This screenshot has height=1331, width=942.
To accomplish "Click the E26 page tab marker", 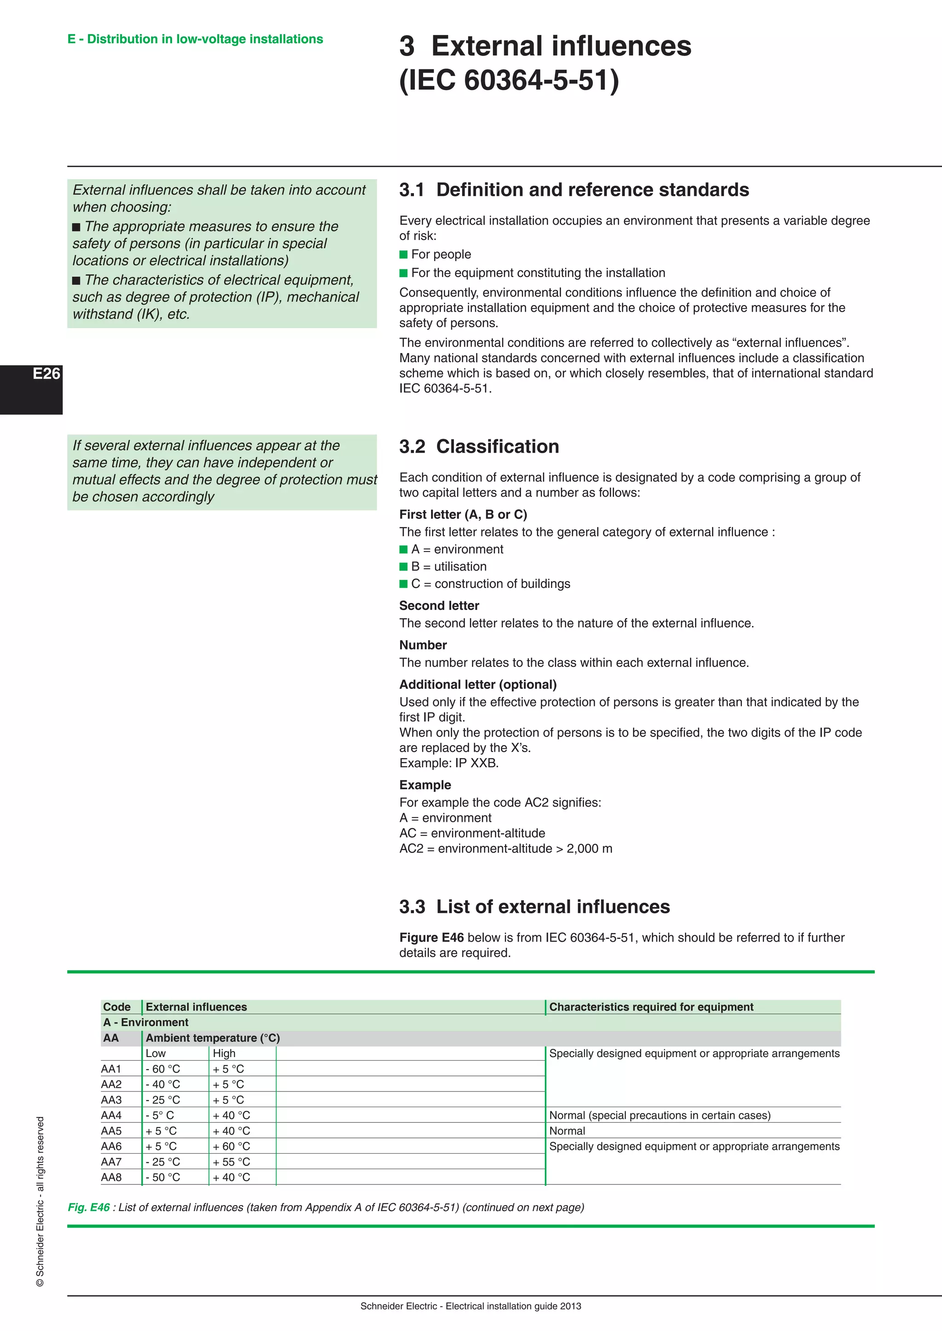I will tap(46, 374).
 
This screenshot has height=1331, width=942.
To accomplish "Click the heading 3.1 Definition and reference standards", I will tap(574, 190).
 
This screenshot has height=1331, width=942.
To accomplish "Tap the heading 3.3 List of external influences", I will tap(534, 907).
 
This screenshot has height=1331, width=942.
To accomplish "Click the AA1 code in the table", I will tap(111, 1069).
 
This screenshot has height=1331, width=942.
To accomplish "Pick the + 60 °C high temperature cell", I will tap(231, 1147).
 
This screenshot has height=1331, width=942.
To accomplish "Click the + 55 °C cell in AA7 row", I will tap(231, 1162).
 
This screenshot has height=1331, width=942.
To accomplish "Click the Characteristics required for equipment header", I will tap(651, 1007).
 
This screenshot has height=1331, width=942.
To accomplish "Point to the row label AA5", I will tap(111, 1131).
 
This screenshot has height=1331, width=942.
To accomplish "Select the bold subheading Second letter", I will tap(439, 606).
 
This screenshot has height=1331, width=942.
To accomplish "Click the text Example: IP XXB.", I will tap(449, 763).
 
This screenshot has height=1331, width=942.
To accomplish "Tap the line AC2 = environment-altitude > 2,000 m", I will tap(505, 849).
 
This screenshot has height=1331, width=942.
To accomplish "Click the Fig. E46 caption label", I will tap(89, 1207).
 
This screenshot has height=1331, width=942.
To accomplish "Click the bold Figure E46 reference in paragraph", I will tap(431, 938).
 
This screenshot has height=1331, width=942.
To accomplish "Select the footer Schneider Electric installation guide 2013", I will tap(471, 1306).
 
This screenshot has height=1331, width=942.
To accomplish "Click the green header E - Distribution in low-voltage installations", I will tap(195, 40).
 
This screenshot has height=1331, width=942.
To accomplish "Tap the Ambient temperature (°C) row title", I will tap(213, 1038).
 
